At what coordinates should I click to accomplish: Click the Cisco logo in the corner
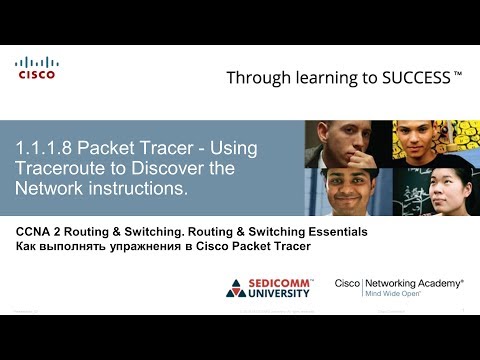point(36,68)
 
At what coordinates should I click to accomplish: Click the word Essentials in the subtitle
point(334,231)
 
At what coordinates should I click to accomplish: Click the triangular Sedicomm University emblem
point(236,288)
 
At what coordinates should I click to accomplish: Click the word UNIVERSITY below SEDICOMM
point(283,295)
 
